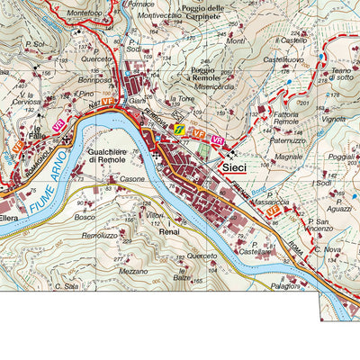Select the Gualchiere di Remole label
pos(113,159)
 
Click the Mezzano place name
pos(132,270)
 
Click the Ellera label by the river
pos(11,217)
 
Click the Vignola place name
pos(333,118)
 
